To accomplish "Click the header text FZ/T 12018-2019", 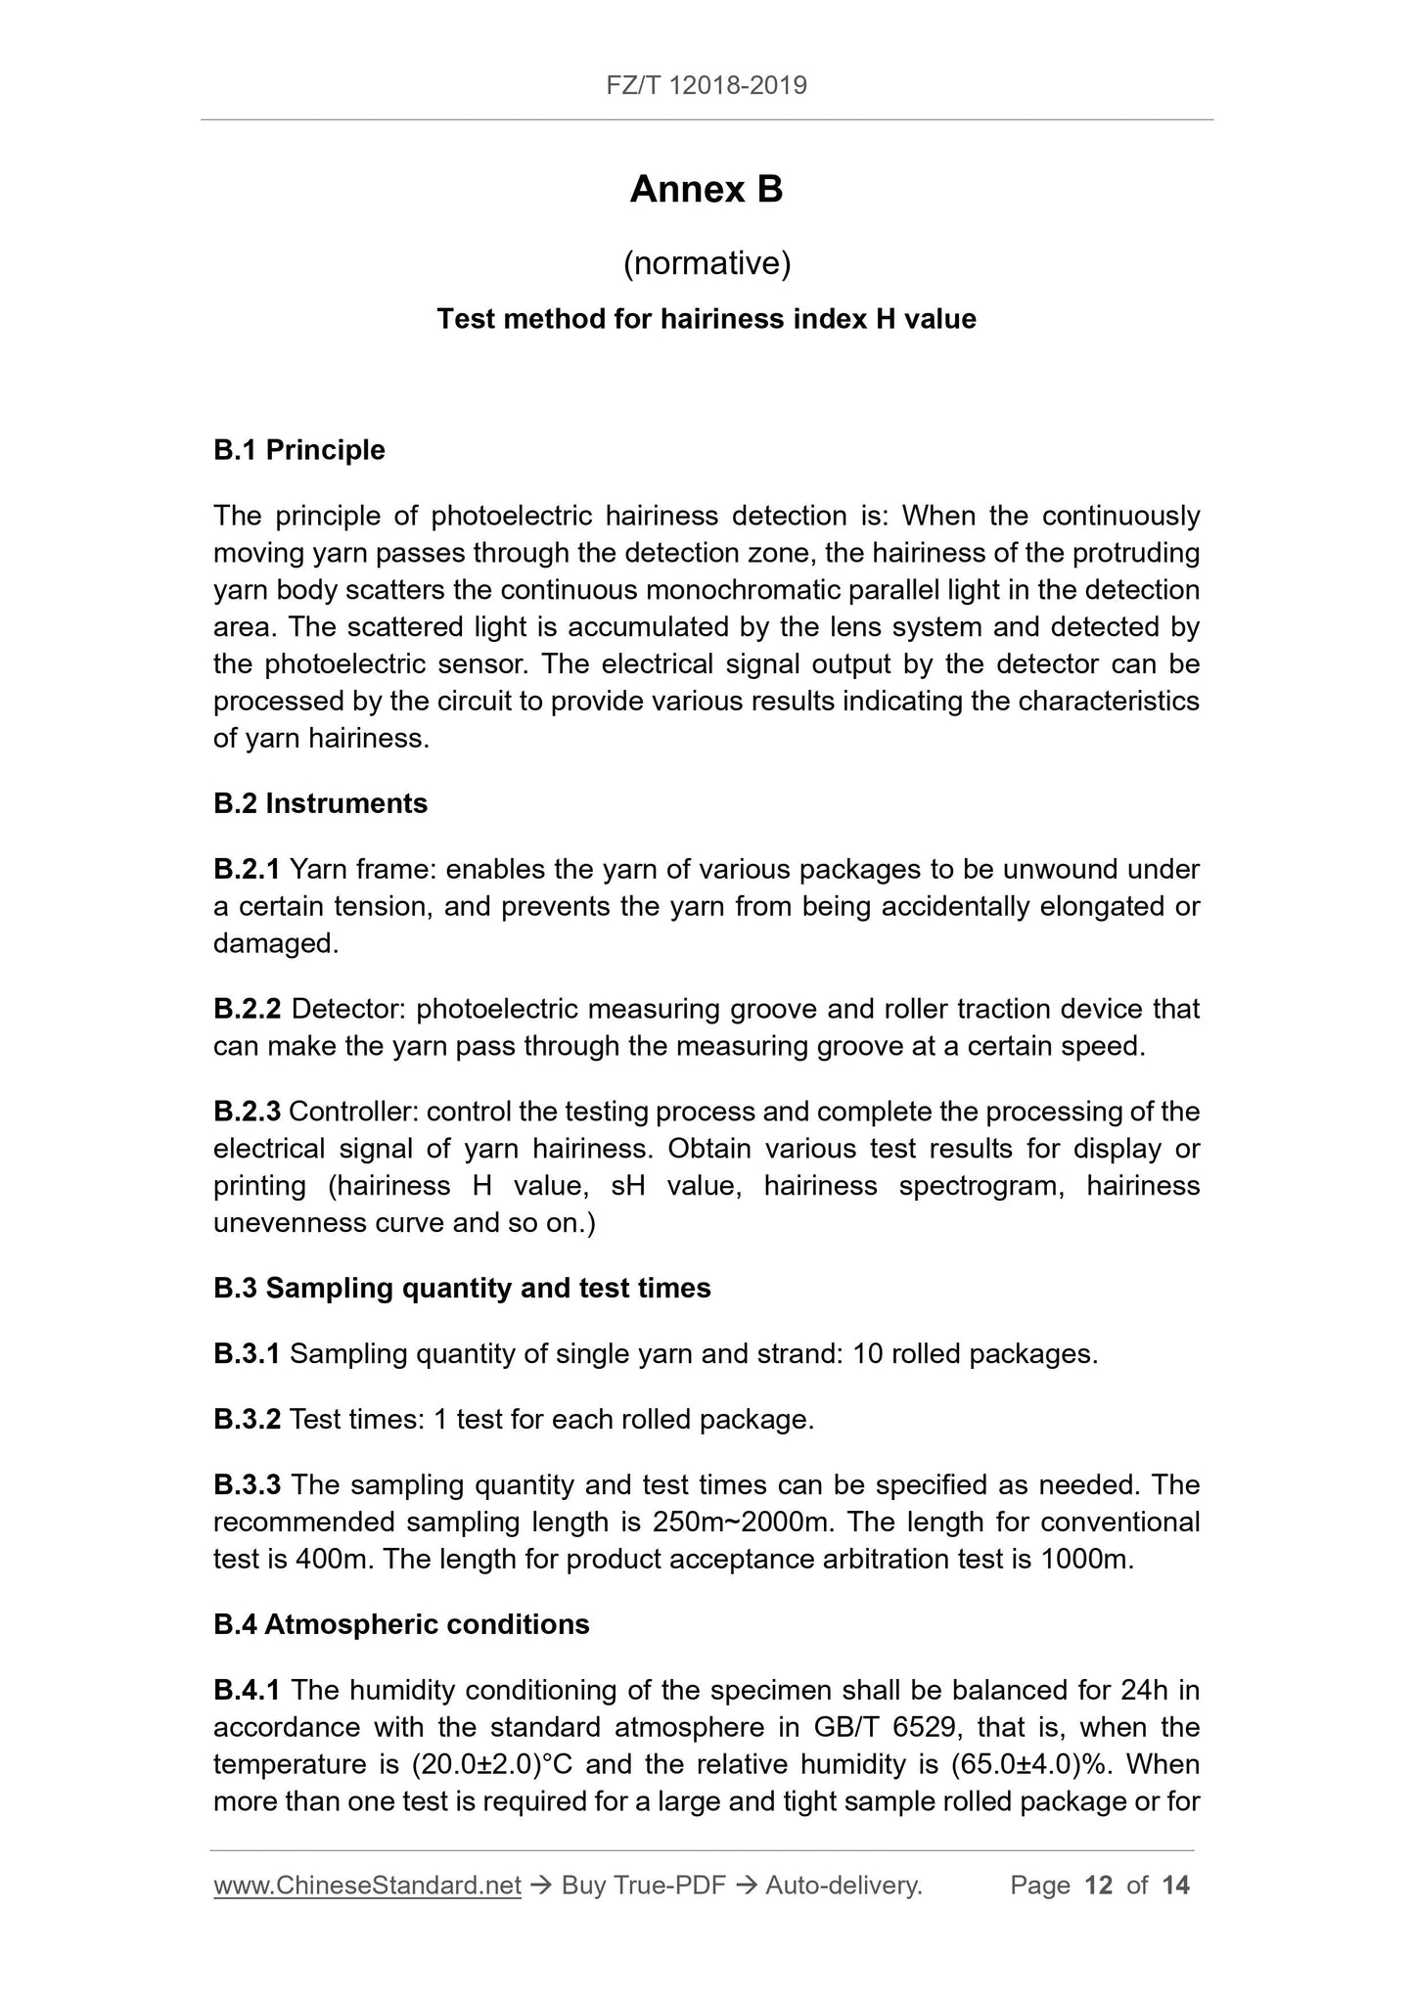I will [707, 86].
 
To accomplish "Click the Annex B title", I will [707, 190].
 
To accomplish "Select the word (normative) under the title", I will [707, 263].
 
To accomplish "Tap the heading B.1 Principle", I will [299, 450].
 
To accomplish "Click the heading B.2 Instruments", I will [320, 803].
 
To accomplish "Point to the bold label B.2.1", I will [247, 869].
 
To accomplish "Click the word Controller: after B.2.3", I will [353, 1112].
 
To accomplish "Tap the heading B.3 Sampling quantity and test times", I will [462, 1288].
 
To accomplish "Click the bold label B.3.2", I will [247, 1419].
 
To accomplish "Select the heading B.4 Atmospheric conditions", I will [401, 1624].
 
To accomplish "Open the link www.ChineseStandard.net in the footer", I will [367, 1886].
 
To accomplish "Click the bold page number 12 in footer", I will [1099, 1886].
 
